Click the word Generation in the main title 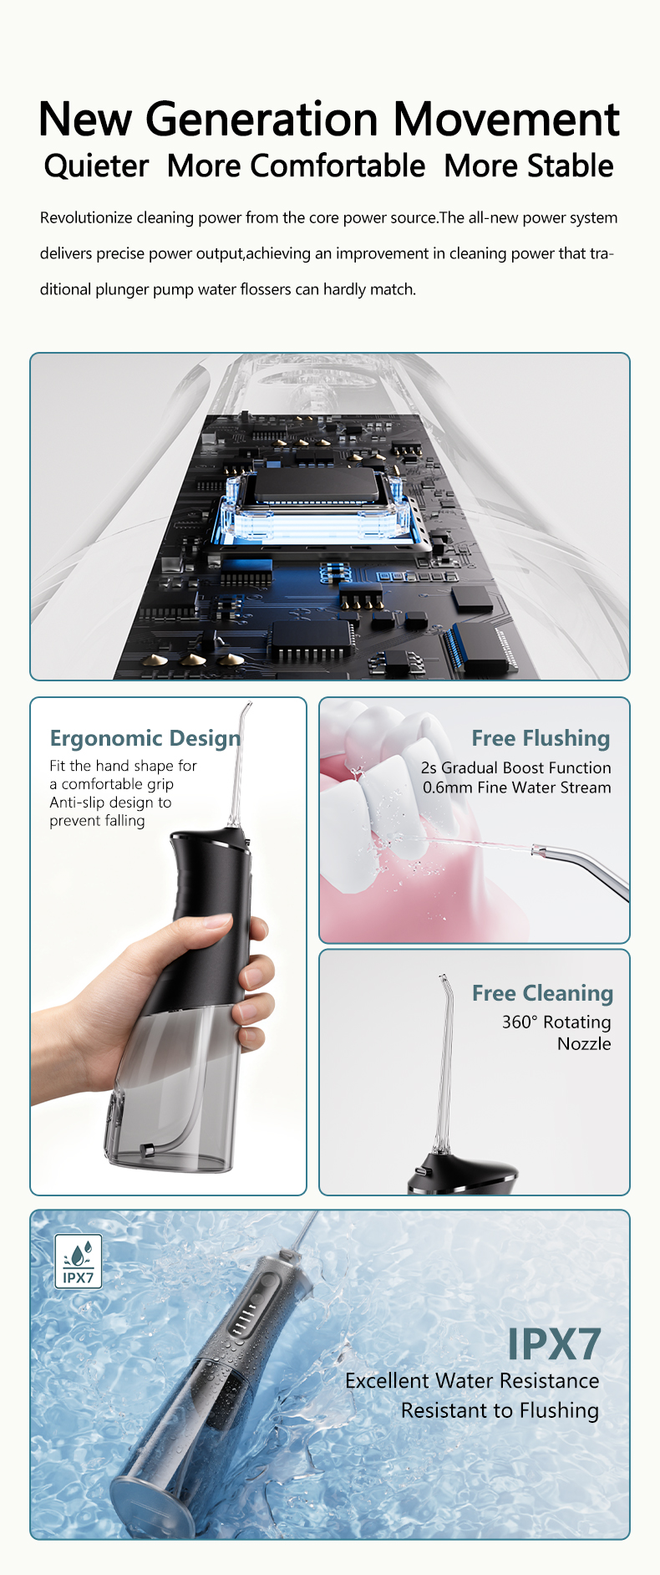coord(262,119)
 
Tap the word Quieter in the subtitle coord(96,166)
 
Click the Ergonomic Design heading coord(145,738)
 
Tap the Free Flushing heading coord(541,738)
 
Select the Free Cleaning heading coord(542,993)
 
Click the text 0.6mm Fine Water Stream coord(516,787)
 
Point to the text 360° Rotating coord(556,1022)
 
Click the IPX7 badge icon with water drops coord(79,1262)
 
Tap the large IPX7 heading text coord(554,1344)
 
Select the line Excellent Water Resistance coord(472,1381)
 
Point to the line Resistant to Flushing coord(500,1411)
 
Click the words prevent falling coord(97,821)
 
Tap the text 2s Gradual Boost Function coord(516,767)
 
